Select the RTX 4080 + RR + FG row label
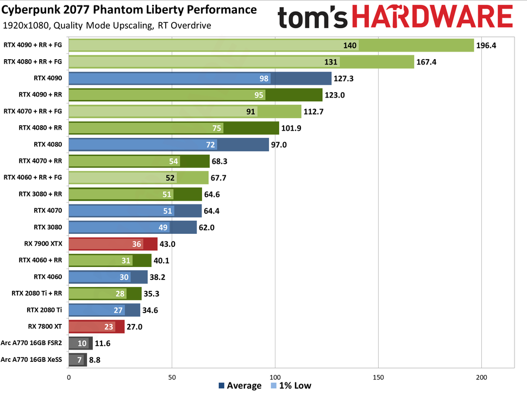click(33, 62)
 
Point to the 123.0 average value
click(336, 95)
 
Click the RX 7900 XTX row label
click(46, 244)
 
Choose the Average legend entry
click(240, 386)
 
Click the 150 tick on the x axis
click(379, 377)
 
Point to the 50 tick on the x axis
click(172, 377)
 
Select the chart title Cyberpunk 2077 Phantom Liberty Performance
click(130, 10)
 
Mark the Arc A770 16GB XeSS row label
click(32, 359)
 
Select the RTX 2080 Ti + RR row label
click(37, 294)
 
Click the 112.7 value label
click(315, 112)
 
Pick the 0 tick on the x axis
click(68, 377)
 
